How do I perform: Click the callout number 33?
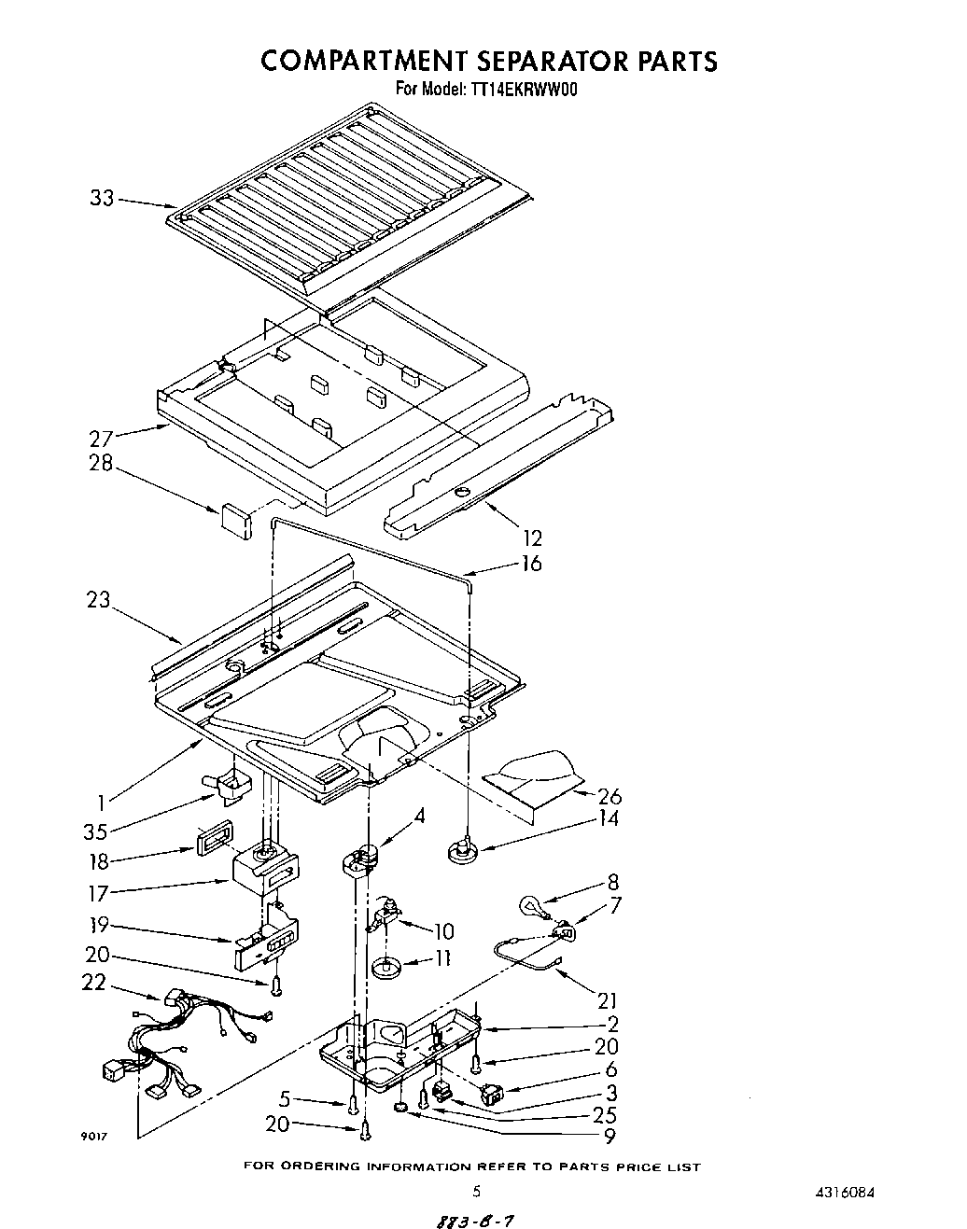pyautogui.click(x=102, y=198)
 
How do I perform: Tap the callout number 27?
pyautogui.click(x=102, y=440)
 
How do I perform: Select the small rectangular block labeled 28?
pyautogui.click(x=236, y=520)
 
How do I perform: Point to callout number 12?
pyautogui.click(x=533, y=538)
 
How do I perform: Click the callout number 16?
pyautogui.click(x=531, y=564)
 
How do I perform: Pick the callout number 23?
pyautogui.click(x=100, y=601)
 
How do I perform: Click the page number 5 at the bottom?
pyautogui.click(x=476, y=1191)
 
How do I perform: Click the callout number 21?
pyautogui.click(x=608, y=1000)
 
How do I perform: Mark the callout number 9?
pyautogui.click(x=609, y=1137)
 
